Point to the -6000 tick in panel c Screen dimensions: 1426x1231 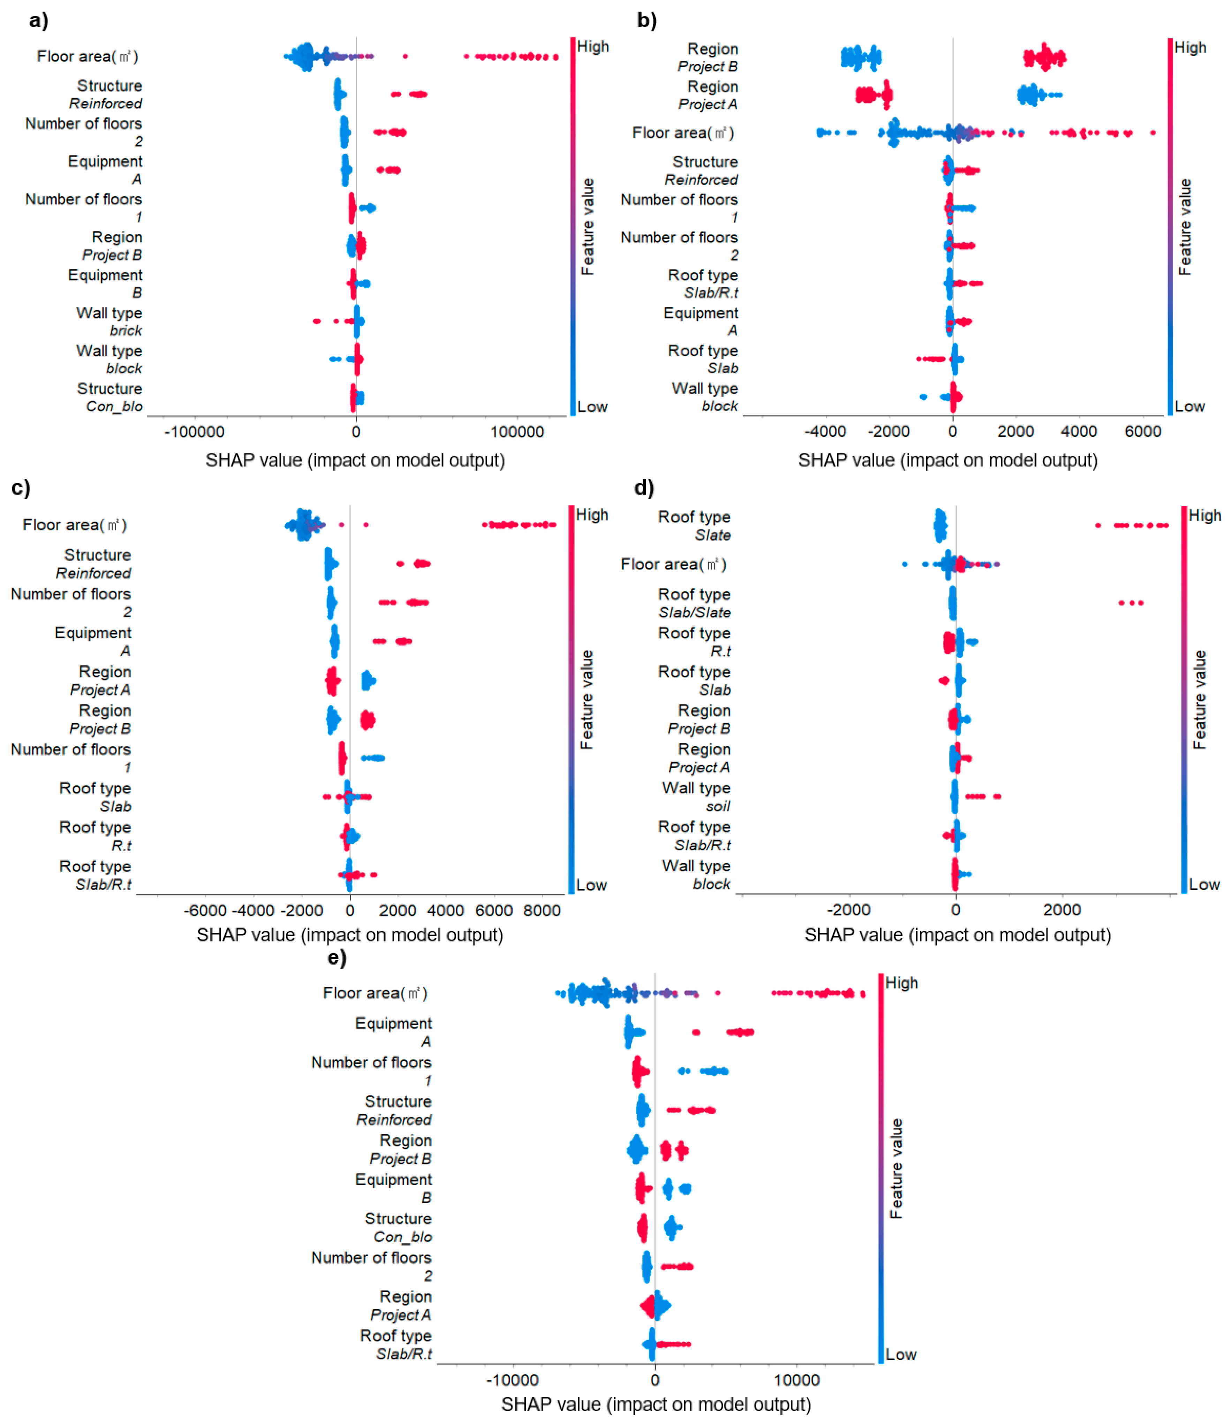(x=205, y=910)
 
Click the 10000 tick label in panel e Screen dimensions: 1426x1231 (x=796, y=1380)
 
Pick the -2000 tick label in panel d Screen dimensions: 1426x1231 (x=848, y=910)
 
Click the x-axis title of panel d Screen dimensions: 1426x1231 (x=957, y=935)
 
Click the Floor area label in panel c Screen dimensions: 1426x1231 (x=74, y=525)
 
